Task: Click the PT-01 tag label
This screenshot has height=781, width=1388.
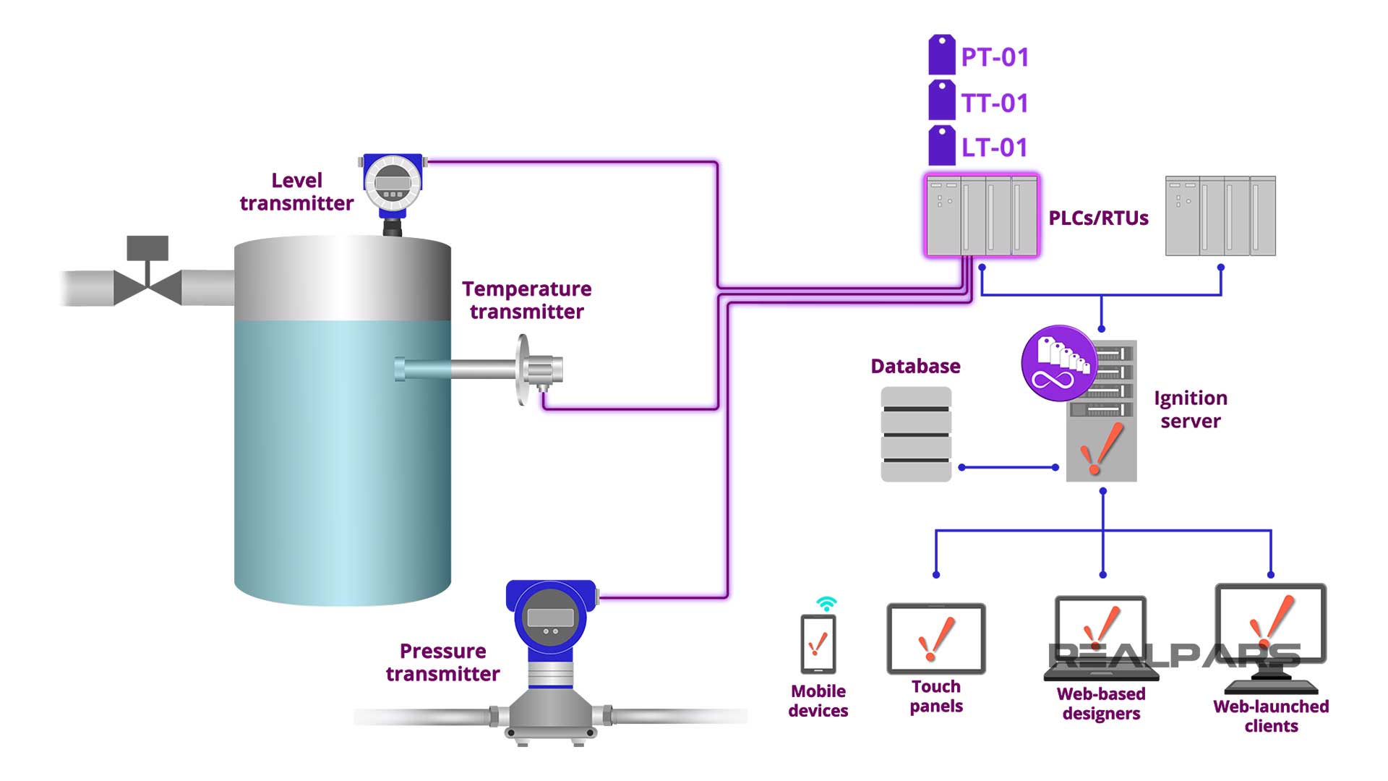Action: (x=993, y=57)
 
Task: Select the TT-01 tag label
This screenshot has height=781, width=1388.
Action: (x=993, y=103)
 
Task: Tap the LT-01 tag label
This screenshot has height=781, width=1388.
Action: (x=993, y=148)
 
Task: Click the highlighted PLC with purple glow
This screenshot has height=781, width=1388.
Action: (x=982, y=215)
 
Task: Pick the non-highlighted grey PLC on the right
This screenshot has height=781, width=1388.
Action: (x=1220, y=215)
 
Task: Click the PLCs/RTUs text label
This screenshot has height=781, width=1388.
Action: (x=1098, y=218)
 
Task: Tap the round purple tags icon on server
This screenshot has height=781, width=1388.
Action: (x=1058, y=364)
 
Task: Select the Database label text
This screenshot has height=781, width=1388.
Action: (x=915, y=366)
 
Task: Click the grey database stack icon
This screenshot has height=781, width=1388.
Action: (x=916, y=434)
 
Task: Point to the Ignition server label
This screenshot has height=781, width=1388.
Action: (x=1190, y=409)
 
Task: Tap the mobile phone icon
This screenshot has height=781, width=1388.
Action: (x=818, y=644)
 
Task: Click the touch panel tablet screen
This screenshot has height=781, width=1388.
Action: (x=935, y=639)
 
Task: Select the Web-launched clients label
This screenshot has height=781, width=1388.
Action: (x=1271, y=716)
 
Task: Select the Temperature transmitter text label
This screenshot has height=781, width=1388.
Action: (x=526, y=300)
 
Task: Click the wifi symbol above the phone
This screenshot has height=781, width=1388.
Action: (x=826, y=603)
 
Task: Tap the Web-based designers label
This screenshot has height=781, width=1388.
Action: (x=1101, y=704)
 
